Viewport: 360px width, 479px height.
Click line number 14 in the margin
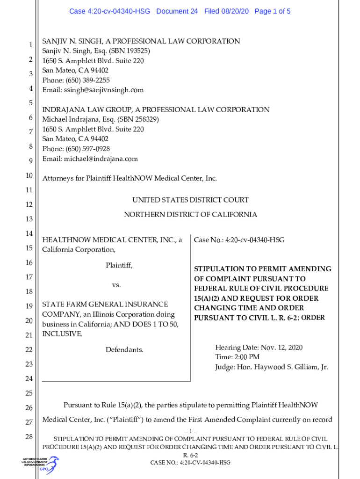pos(29,233)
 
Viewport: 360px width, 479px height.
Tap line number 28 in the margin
pos(29,437)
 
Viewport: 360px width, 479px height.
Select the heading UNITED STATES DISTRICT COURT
pos(190,200)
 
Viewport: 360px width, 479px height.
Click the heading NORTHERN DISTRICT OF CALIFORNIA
pos(190,215)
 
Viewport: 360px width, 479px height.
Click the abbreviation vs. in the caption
pos(116,285)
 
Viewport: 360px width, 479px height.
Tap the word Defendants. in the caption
pos(124,350)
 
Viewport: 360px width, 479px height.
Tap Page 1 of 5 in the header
pos(273,11)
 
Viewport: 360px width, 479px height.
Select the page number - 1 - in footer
pos(190,431)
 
